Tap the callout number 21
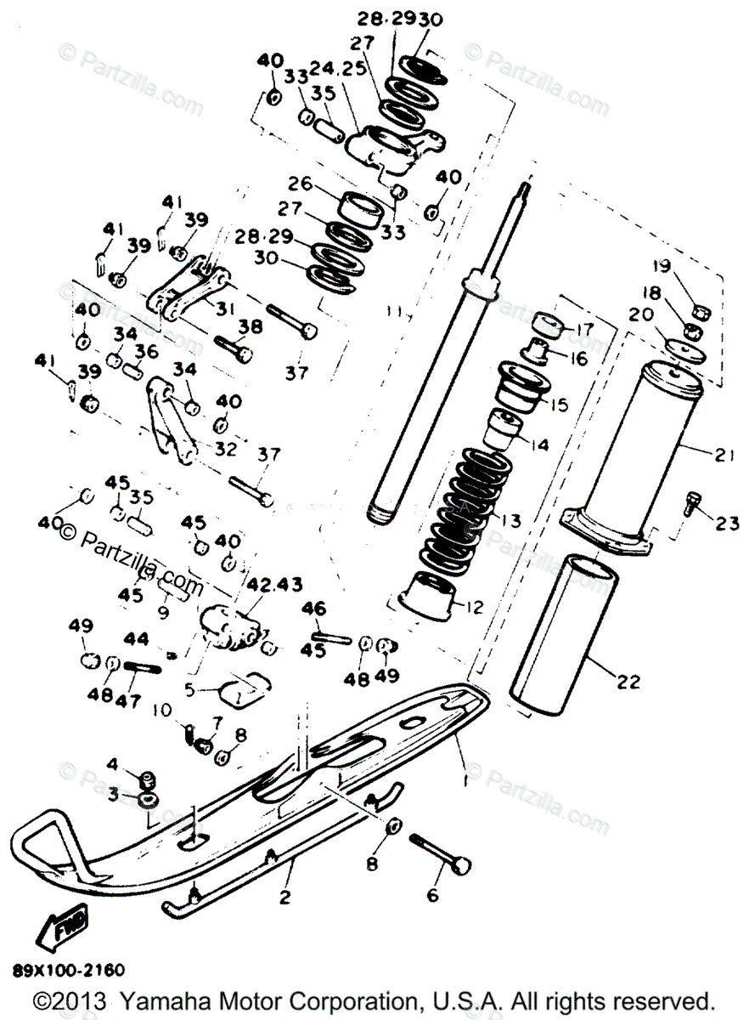click(723, 456)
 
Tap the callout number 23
click(727, 524)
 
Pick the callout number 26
click(301, 184)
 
